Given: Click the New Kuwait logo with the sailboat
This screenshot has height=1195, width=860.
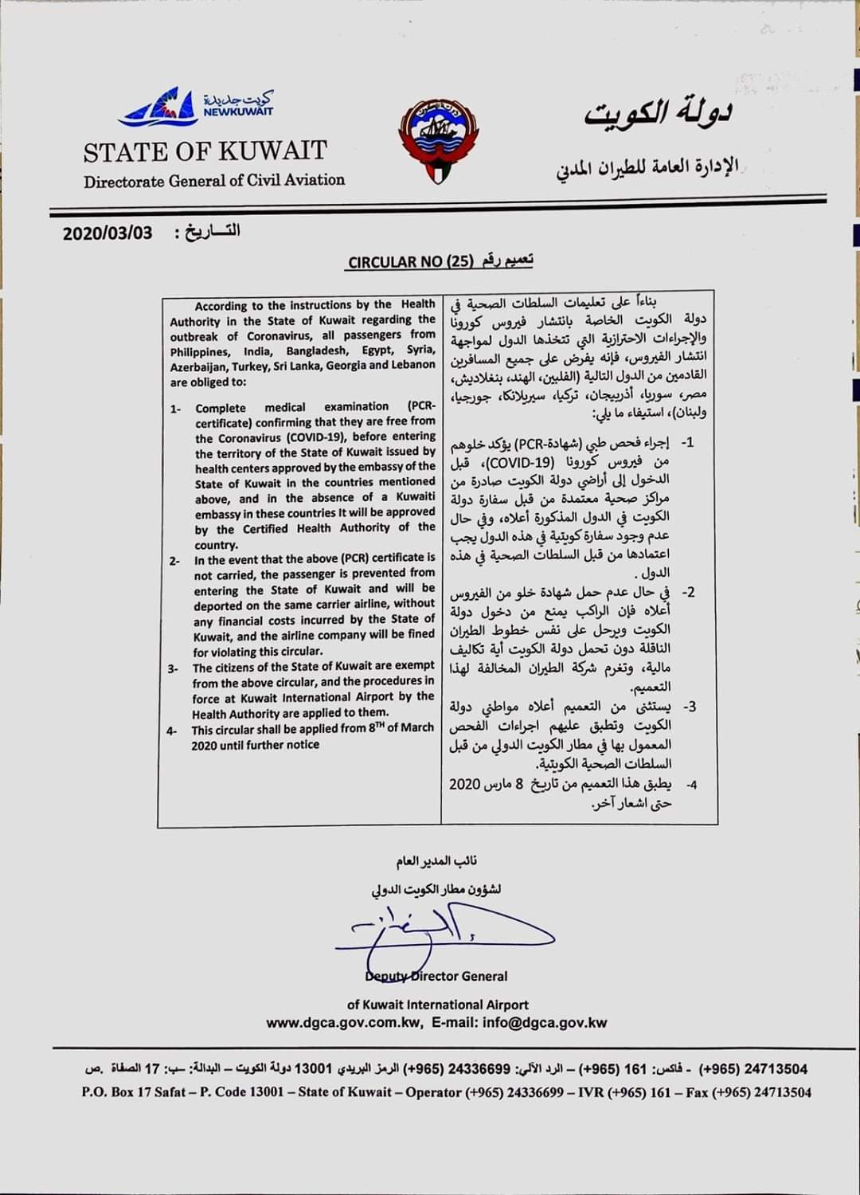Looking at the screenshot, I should coord(195,108).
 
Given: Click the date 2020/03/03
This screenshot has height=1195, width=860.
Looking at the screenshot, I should coord(107,234).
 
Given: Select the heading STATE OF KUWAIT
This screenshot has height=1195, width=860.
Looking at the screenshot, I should coord(205,151).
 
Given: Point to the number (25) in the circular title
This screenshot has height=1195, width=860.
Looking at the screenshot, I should coord(460,261).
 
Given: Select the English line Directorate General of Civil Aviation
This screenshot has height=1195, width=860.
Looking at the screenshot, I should coord(214,180).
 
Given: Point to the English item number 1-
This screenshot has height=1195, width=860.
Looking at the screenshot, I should coord(175,409).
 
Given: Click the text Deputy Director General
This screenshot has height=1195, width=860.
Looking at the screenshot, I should coord(436,976).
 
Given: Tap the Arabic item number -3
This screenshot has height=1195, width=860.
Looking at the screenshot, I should coord(690,707).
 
